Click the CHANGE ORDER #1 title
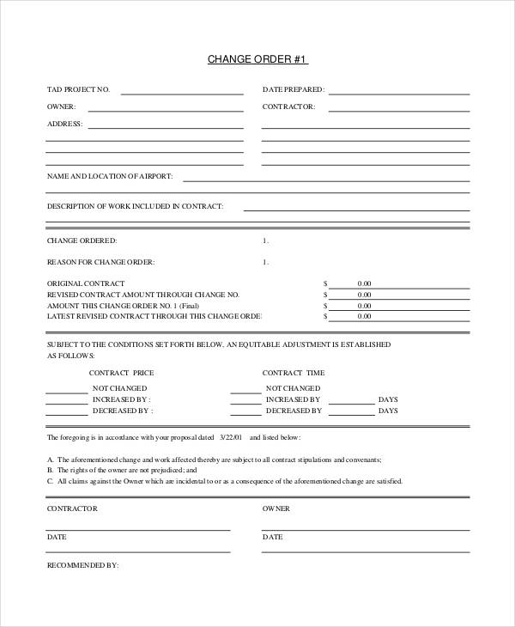(257, 59)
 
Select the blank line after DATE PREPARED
(399, 91)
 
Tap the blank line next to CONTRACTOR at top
(399, 109)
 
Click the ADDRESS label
(64, 124)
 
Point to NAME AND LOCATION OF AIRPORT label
(110, 176)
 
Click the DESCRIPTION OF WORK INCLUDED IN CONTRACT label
(135, 206)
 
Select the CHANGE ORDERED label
(82, 240)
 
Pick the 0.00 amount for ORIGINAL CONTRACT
(364, 283)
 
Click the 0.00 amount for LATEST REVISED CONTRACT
(364, 316)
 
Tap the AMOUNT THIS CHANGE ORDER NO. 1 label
(123, 305)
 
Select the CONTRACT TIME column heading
(294, 373)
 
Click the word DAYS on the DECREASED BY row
(388, 411)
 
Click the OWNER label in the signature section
(276, 508)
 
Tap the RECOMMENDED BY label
(82, 566)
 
